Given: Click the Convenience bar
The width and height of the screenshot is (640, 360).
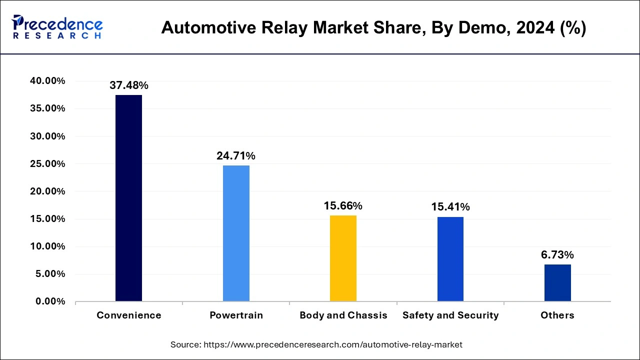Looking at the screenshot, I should click(x=128, y=198).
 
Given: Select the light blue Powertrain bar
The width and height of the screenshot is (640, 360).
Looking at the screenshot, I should click(x=236, y=233).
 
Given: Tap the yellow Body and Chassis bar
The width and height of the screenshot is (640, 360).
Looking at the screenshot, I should click(x=343, y=258).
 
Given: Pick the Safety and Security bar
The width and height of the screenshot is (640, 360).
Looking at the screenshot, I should click(x=450, y=258).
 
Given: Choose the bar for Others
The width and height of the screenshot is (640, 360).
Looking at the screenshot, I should click(x=557, y=282).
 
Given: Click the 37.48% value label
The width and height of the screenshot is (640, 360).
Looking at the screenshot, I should click(x=129, y=86).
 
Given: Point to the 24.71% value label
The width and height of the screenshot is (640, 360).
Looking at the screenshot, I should click(x=236, y=156).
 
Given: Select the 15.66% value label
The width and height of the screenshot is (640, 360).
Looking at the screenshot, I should click(x=343, y=206).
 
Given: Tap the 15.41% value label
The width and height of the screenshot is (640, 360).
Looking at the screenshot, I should click(x=450, y=207).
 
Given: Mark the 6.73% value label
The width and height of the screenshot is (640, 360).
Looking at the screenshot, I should click(x=557, y=255).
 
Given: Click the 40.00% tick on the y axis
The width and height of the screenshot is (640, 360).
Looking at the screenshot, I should click(x=47, y=81).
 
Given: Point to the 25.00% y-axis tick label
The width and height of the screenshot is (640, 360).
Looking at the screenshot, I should click(x=47, y=164).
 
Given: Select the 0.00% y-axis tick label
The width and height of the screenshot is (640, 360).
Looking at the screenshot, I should click(x=49, y=301).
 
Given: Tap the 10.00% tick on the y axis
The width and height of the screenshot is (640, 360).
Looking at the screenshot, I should click(x=47, y=246).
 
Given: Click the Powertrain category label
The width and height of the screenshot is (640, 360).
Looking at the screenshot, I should click(x=236, y=315).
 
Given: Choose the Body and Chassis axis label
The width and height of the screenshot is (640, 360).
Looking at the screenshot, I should click(x=343, y=315).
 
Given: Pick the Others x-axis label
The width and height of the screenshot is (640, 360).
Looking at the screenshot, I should click(x=557, y=315).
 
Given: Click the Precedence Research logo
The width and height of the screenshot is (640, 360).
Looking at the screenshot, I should click(x=57, y=27).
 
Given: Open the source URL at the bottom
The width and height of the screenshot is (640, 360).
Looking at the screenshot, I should click(x=316, y=344).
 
